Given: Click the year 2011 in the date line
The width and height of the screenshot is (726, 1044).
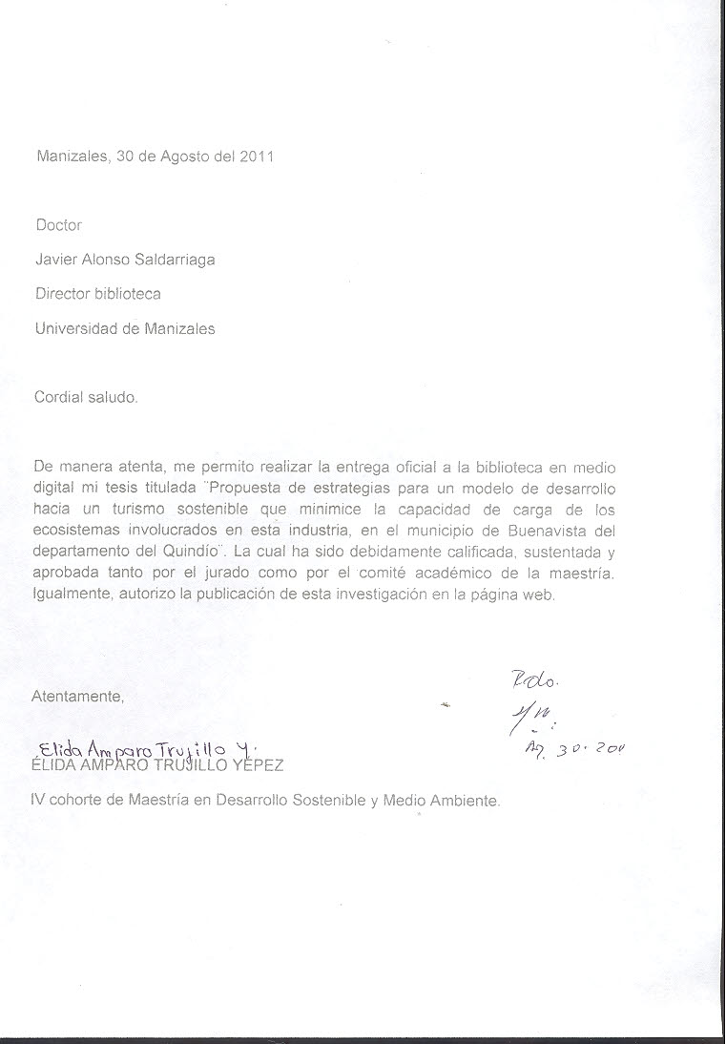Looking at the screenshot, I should [x=257, y=157].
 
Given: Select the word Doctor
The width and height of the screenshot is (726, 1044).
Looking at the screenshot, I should [x=58, y=226].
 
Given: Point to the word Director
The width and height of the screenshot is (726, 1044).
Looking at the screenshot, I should [x=63, y=295].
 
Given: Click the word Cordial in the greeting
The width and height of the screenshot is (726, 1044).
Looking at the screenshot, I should [x=58, y=397].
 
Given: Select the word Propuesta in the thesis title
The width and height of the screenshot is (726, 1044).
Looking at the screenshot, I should [x=250, y=487].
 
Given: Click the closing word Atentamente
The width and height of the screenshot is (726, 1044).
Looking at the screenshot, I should [x=78, y=696].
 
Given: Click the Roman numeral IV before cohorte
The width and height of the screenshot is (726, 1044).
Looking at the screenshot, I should [x=39, y=801].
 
